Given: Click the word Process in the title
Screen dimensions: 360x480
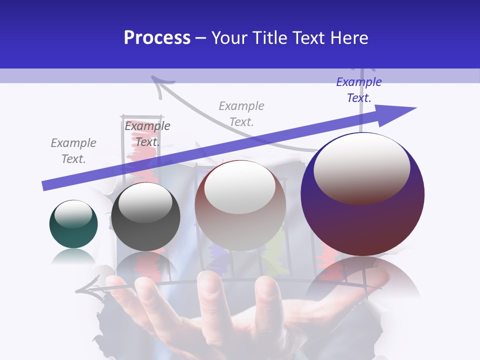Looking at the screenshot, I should tap(157, 38).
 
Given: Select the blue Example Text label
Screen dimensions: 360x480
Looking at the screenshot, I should tap(359, 89).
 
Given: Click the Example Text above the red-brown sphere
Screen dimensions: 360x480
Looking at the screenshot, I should tap(241, 113).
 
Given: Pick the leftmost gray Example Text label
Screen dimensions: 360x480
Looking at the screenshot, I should tap(73, 150).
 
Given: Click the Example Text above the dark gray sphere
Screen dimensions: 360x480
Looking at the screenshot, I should tap(147, 133).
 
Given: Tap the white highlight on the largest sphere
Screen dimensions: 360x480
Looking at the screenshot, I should tap(361, 167).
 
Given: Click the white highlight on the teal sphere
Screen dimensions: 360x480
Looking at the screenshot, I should tap(73, 213).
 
